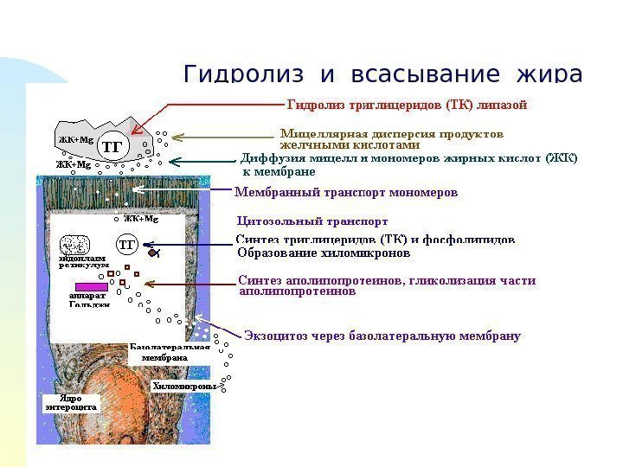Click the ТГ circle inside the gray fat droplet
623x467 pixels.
(112, 146)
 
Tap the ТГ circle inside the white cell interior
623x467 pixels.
(127, 245)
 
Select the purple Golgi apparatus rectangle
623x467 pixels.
(91, 286)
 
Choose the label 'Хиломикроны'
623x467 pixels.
(183, 386)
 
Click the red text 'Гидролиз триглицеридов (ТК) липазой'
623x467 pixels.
(406, 106)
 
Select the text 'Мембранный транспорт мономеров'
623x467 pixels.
(346, 191)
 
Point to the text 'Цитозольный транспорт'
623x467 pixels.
(306, 221)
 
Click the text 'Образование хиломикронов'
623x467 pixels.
(323, 254)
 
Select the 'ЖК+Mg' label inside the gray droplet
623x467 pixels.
(76, 138)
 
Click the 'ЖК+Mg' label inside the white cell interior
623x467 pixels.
(140, 219)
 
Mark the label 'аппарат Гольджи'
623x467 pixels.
(88, 299)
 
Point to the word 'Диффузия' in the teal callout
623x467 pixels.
(267, 159)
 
